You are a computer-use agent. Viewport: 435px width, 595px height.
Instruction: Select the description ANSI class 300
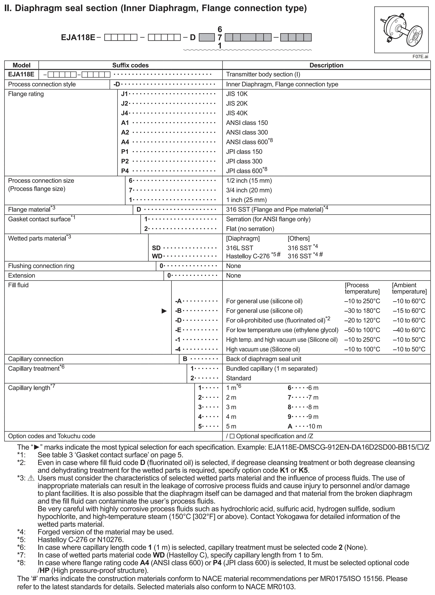247,132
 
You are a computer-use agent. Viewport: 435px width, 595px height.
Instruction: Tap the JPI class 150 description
244,151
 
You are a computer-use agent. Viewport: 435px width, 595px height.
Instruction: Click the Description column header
326,65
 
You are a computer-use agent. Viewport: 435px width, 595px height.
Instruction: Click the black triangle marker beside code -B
164,311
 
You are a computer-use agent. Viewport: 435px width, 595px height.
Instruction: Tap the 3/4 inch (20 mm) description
249,190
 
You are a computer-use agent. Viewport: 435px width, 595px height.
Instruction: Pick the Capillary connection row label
36,359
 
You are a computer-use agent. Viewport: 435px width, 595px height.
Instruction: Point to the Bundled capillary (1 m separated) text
271,368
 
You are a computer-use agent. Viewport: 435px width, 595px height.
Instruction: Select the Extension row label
22,275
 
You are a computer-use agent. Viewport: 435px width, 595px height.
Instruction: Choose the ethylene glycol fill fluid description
282,330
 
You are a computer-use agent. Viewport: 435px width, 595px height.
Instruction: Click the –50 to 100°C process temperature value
362,330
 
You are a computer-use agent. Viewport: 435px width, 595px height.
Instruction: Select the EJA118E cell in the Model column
21,74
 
